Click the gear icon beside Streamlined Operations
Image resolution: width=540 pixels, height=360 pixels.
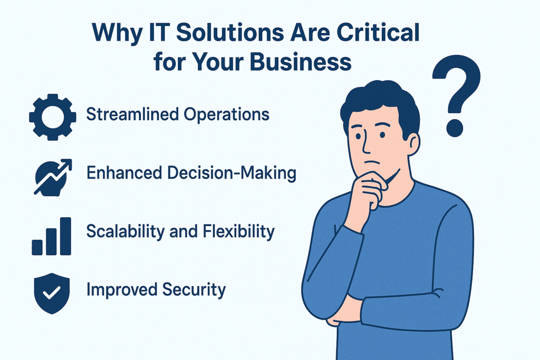(52, 117)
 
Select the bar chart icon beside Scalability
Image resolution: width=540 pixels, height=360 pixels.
(51, 237)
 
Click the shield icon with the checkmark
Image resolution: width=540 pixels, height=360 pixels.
(52, 293)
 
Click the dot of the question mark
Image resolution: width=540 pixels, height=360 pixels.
(455, 128)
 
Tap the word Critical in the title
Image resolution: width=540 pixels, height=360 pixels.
(378, 33)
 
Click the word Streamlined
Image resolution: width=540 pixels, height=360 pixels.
(132, 114)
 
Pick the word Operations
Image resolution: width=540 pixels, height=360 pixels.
(226, 114)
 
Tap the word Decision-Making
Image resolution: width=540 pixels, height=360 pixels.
(232, 173)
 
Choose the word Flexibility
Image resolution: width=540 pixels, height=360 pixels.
(238, 231)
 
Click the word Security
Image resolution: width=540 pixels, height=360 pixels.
(194, 290)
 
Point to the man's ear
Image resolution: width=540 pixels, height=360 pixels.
(413, 144)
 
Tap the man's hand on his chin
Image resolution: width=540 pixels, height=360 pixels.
(367, 191)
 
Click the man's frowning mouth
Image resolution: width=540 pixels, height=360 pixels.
(371, 162)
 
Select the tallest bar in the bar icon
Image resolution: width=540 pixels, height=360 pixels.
(65, 236)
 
